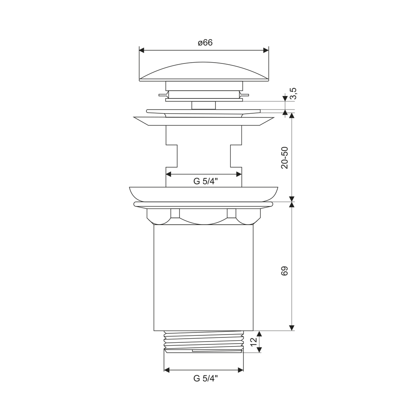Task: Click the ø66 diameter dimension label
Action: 205,42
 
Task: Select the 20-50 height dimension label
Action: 285,158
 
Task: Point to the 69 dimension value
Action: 285,271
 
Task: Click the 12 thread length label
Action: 253,342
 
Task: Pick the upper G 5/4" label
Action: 206,181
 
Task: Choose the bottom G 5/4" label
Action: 206,378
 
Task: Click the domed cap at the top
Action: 204,72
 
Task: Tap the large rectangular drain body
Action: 204,277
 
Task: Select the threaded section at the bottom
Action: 204,342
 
